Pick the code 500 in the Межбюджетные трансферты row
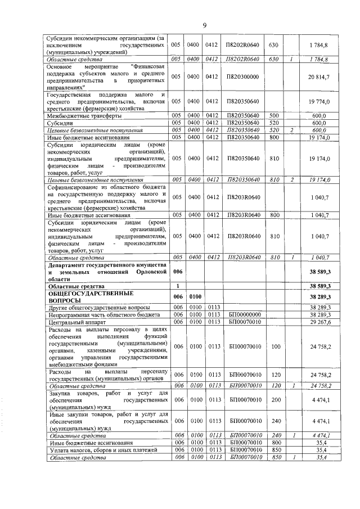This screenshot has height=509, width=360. (274, 115)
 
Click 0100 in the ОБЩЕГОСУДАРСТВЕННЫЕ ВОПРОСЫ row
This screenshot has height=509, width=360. (195, 296)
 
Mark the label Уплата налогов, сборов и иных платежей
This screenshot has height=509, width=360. (97, 450)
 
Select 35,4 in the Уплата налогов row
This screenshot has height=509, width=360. (321, 450)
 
